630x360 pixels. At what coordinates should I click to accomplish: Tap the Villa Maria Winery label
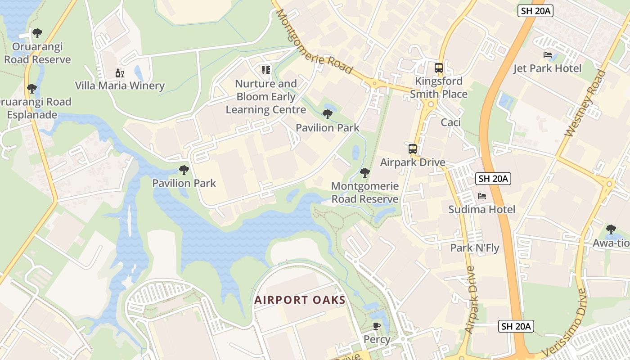(x=120, y=85)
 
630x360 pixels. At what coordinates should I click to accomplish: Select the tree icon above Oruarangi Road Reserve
(x=37, y=33)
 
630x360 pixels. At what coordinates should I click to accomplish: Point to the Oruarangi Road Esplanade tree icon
(x=31, y=89)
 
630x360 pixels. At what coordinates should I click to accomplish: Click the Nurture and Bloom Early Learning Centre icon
(x=266, y=70)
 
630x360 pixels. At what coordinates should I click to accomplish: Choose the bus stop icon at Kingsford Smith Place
(x=438, y=68)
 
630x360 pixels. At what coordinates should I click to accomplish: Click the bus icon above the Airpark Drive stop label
(x=412, y=149)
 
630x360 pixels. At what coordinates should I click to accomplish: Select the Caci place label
(x=450, y=122)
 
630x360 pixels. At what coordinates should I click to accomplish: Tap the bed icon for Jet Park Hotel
(x=548, y=55)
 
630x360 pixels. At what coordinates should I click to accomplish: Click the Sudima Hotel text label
(x=482, y=209)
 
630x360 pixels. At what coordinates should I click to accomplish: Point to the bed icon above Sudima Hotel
(x=482, y=196)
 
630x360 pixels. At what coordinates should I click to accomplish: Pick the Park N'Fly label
(x=475, y=248)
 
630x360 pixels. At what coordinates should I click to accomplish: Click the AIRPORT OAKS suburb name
(x=300, y=300)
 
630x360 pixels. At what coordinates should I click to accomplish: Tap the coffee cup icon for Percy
(x=377, y=326)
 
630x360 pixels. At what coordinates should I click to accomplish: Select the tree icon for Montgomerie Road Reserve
(x=365, y=173)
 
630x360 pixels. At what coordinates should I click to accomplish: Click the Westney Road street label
(x=585, y=103)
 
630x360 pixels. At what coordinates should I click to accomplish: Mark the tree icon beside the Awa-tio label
(x=611, y=229)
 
